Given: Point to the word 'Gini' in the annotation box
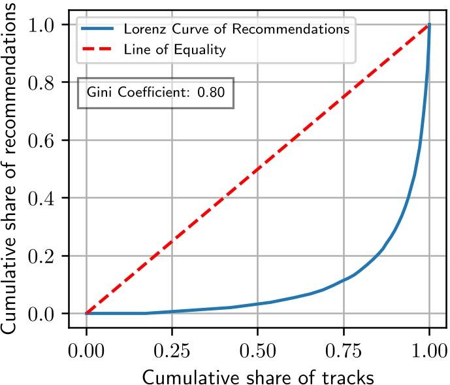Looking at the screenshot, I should (x=100, y=93).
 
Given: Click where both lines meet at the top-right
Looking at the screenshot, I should (x=428, y=25).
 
